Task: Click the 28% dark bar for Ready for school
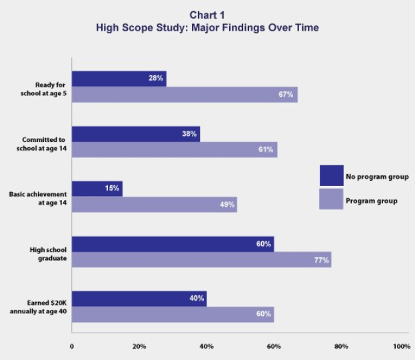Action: pos(119,79)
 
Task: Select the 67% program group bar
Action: pos(185,95)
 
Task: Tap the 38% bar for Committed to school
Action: pos(136,134)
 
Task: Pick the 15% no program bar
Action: pos(97,189)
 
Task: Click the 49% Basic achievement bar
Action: pos(154,205)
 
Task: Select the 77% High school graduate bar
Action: pos(201,259)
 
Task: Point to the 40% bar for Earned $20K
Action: pos(139,299)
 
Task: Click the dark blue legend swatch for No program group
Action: pos(331,176)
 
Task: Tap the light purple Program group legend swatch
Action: pos(331,199)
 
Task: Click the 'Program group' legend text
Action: pos(371,201)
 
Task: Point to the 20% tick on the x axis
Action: pos(139,347)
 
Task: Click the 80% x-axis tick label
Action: pos(341,347)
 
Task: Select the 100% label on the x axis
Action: pos(402,347)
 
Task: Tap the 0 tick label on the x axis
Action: pos(72,347)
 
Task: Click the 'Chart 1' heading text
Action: pos(207,15)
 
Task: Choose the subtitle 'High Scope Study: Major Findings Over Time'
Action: pos(207,28)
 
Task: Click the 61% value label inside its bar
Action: pos(266,149)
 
